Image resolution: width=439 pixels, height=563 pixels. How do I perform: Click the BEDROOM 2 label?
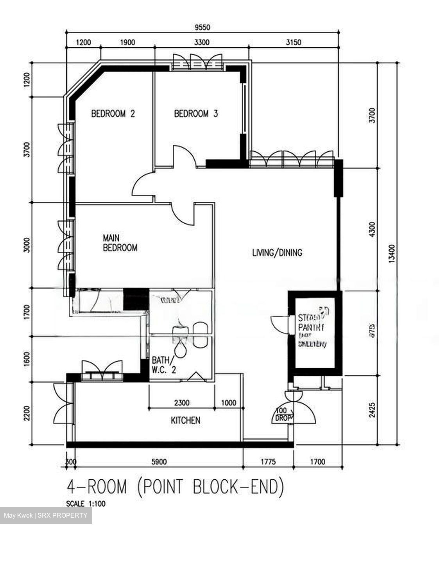pos(113,114)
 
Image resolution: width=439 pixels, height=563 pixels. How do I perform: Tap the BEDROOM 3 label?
pos(195,114)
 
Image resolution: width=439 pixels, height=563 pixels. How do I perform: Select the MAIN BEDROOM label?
pos(120,242)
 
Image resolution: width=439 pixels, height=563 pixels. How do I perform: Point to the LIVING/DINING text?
pos(277,253)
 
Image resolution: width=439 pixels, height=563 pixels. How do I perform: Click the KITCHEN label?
pos(186,420)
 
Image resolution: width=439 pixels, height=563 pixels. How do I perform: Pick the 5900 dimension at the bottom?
pos(159,462)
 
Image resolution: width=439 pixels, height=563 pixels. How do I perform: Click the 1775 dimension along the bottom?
pos(268,462)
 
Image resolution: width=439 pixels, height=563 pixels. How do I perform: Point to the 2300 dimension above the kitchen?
pos(181,402)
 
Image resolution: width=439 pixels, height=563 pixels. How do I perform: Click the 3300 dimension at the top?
pos(202,43)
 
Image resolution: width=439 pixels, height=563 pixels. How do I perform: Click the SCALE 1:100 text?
pos(86,504)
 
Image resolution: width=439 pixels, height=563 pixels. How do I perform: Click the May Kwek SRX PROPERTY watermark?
pos(46,515)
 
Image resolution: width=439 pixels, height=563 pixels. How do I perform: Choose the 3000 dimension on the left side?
pos(27,245)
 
